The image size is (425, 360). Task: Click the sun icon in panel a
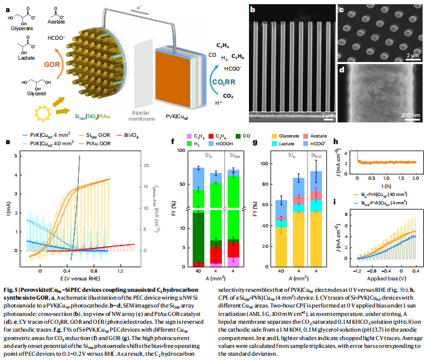click(43, 111)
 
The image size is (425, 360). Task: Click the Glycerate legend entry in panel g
click(292, 137)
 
